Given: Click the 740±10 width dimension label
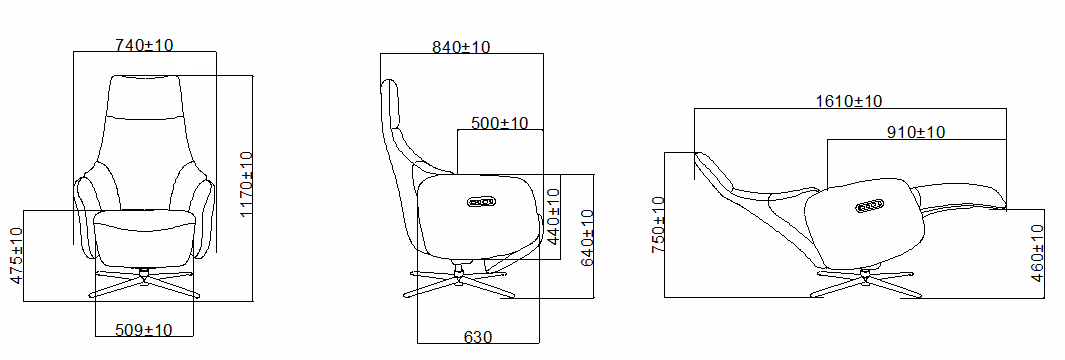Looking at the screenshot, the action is [x=145, y=45].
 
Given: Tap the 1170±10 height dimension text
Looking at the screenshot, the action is [x=247, y=184].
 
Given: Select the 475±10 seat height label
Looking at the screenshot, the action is [x=16, y=255].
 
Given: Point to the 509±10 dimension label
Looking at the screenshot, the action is [x=143, y=330].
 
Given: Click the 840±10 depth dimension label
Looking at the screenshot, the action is [x=461, y=47].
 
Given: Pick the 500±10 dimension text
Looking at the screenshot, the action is [x=500, y=123].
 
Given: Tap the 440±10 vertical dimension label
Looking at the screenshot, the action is [x=553, y=216].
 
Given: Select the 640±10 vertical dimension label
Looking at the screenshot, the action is [x=588, y=238].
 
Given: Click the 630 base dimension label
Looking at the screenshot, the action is [x=478, y=337].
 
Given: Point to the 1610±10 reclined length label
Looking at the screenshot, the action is [x=849, y=101].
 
